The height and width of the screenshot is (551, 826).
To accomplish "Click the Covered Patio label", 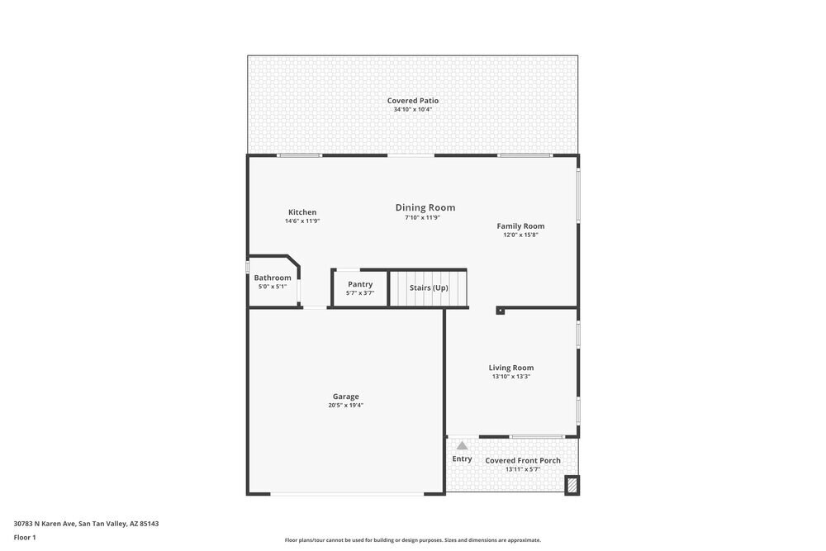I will click(x=413, y=101).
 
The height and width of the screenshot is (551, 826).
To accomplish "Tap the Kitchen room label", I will click(x=301, y=212).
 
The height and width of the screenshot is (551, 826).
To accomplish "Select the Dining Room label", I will click(x=425, y=208).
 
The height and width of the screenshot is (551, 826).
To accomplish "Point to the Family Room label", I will click(x=520, y=226).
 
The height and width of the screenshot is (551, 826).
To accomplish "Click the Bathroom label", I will click(x=273, y=278).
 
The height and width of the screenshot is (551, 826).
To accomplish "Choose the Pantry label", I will click(x=360, y=284).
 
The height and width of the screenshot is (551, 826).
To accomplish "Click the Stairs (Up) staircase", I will click(x=428, y=287).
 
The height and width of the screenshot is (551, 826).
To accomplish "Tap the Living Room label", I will click(x=510, y=368).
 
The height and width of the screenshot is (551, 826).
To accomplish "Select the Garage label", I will click(x=345, y=397).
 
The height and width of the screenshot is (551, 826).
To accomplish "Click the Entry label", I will click(x=462, y=458).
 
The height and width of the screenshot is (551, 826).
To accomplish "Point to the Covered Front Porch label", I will click(x=523, y=460).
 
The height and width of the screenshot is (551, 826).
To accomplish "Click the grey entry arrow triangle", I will click(x=462, y=445).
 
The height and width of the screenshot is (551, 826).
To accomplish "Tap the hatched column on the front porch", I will click(x=571, y=486).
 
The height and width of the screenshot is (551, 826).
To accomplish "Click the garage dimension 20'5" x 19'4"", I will click(x=345, y=406).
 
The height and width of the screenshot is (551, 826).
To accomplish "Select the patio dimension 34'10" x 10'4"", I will click(x=413, y=109).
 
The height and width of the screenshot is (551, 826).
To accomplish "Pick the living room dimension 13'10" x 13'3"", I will click(x=510, y=377).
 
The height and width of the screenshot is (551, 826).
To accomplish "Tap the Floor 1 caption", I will click(x=25, y=537).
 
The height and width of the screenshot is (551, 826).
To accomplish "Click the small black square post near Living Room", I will click(x=500, y=311).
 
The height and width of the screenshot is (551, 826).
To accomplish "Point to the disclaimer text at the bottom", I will click(x=413, y=540).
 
